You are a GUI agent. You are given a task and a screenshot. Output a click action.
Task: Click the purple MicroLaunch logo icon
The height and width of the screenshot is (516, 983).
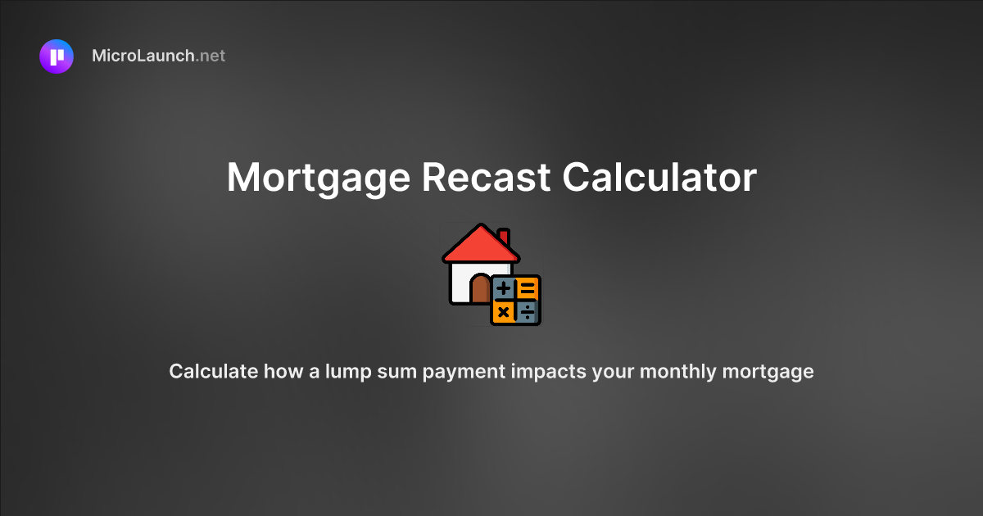click(57, 57)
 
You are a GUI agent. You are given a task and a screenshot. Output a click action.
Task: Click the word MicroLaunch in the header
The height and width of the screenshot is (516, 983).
click(143, 57)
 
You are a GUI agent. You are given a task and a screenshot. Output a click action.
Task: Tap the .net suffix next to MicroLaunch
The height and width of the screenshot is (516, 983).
click(211, 57)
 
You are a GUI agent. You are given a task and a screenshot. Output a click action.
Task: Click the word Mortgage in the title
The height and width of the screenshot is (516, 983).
click(316, 178)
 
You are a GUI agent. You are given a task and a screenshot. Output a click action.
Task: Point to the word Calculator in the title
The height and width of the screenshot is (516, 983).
click(659, 178)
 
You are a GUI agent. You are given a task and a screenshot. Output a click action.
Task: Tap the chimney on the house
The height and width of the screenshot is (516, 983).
click(504, 236)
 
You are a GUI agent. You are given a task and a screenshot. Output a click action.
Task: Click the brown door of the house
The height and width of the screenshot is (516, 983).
click(480, 290)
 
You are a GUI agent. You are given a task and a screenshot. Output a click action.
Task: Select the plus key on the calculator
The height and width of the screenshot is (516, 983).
click(504, 288)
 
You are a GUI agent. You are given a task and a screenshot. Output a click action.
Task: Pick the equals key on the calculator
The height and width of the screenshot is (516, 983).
click(528, 288)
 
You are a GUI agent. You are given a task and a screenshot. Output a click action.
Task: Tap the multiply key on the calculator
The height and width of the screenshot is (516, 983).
click(504, 311)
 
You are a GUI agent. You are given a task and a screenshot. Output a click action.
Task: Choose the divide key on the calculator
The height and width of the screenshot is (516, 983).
click(528, 311)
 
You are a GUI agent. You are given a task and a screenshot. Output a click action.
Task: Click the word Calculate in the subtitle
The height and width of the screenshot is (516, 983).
click(213, 371)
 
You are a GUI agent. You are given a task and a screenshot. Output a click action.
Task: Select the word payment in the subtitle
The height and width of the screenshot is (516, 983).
click(460, 371)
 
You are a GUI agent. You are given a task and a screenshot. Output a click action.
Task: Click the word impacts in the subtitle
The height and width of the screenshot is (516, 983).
click(550, 371)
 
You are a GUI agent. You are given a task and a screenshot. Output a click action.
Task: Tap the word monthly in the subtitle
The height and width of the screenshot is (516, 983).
click(677, 371)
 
